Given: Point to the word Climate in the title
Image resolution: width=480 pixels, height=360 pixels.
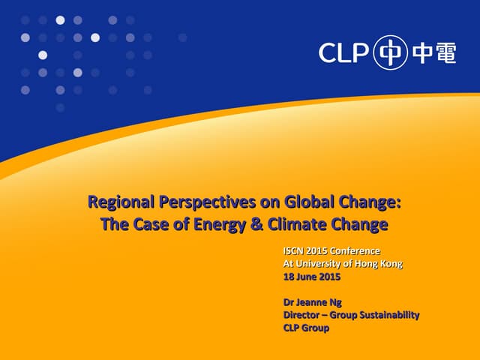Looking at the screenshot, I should coord(288,224).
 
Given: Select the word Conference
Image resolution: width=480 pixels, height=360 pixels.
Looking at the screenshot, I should coord(355,250).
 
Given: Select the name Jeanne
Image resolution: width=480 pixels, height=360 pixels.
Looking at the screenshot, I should coord(311,302).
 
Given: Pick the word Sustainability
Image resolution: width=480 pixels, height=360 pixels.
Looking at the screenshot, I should coord(387,315).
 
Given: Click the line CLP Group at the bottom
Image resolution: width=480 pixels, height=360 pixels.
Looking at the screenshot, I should coord(305,328).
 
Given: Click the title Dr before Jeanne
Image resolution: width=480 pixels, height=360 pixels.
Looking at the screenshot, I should coord(289,302).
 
